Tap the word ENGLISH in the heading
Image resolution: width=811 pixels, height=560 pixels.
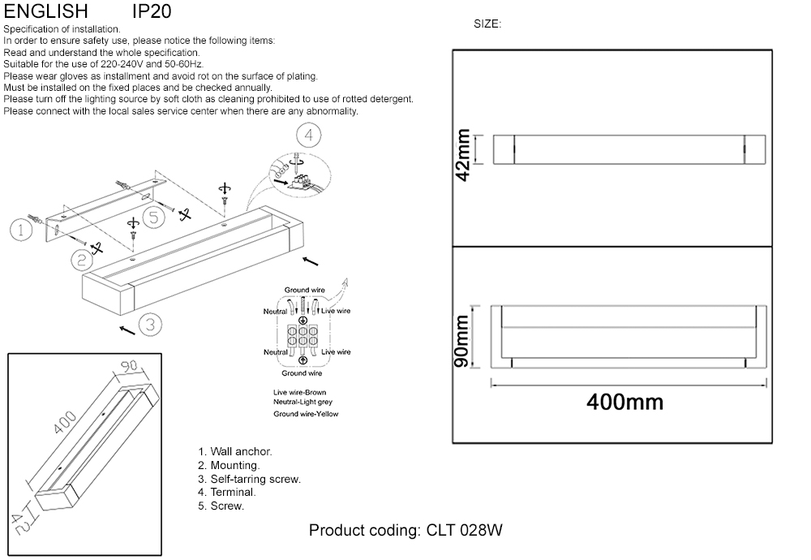coord(46,11)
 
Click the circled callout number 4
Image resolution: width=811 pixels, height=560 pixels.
coord(308,135)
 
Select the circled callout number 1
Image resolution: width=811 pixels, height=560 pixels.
coord(22,230)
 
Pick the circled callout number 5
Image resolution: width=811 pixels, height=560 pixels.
coord(154,217)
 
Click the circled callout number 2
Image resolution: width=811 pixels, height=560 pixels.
coord(81,260)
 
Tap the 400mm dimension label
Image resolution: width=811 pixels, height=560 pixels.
coord(624,402)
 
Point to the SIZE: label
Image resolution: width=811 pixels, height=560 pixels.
coord(487,24)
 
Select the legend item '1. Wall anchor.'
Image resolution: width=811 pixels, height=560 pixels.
coord(235,451)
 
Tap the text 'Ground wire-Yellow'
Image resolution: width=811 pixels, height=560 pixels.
coord(306,414)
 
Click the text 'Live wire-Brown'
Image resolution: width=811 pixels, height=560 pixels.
coord(300,393)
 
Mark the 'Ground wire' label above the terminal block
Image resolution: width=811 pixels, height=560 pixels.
coord(305,290)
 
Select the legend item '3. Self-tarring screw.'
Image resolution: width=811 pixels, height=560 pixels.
coord(249,479)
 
